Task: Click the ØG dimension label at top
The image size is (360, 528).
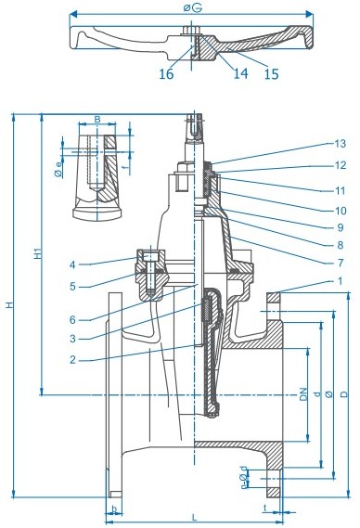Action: click(193, 7)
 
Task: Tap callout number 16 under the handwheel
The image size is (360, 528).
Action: click(166, 74)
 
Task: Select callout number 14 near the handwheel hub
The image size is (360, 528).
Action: click(241, 73)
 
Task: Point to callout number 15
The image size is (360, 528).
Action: click(272, 74)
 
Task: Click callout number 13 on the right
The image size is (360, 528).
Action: click(341, 144)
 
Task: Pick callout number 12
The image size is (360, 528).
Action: click(341, 165)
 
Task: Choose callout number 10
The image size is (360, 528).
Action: click(341, 211)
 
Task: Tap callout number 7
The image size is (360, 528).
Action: click(341, 263)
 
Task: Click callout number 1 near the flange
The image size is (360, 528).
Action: click(341, 281)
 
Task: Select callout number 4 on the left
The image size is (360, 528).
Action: click(72, 265)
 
